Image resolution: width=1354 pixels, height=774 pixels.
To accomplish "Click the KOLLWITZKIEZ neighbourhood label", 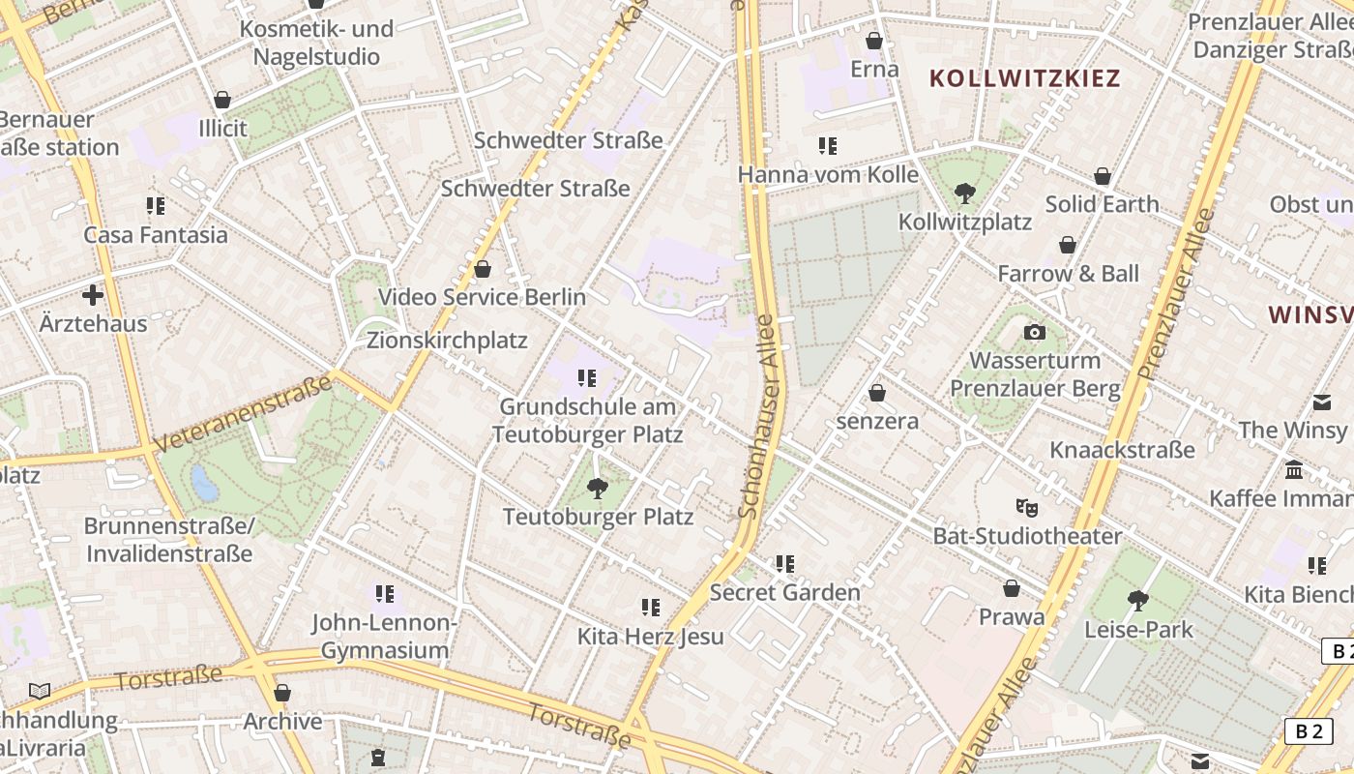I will pyautogui.click(x=1025, y=78).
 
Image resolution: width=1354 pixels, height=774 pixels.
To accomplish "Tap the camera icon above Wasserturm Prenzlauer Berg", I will pyautogui.click(x=1035, y=333).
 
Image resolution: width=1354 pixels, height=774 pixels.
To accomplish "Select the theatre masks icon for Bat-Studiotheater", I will pyautogui.click(x=1026, y=507).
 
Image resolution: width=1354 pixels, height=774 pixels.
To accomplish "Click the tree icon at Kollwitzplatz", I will pyautogui.click(x=964, y=193).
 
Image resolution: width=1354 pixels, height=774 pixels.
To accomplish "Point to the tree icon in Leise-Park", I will pyautogui.click(x=1138, y=601).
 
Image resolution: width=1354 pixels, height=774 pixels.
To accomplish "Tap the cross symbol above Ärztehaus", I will pyautogui.click(x=93, y=295).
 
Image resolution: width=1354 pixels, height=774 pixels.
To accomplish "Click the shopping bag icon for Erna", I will pyautogui.click(x=874, y=41).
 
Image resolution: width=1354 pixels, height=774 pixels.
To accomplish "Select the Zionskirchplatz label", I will pyautogui.click(x=447, y=341).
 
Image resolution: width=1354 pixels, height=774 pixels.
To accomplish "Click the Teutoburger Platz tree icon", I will pyautogui.click(x=598, y=488).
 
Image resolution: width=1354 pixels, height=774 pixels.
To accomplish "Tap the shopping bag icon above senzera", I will pyautogui.click(x=877, y=393).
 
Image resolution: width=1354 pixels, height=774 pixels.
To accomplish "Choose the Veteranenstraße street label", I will pyautogui.click(x=242, y=413).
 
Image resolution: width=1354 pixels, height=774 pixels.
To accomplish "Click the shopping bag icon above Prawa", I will pyautogui.click(x=1012, y=588).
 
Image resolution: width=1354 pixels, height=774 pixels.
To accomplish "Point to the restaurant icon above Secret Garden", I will pyautogui.click(x=785, y=563).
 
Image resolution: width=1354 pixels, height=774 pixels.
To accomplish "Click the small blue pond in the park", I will pyautogui.click(x=205, y=482).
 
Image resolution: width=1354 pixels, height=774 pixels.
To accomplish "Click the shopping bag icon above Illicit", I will pyautogui.click(x=222, y=100).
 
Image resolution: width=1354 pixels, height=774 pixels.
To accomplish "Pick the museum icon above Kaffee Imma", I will pyautogui.click(x=1294, y=470).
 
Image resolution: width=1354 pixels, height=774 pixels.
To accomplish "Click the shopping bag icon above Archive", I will pyautogui.click(x=282, y=693).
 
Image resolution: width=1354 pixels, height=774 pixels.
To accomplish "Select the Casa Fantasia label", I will pyautogui.click(x=156, y=235).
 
